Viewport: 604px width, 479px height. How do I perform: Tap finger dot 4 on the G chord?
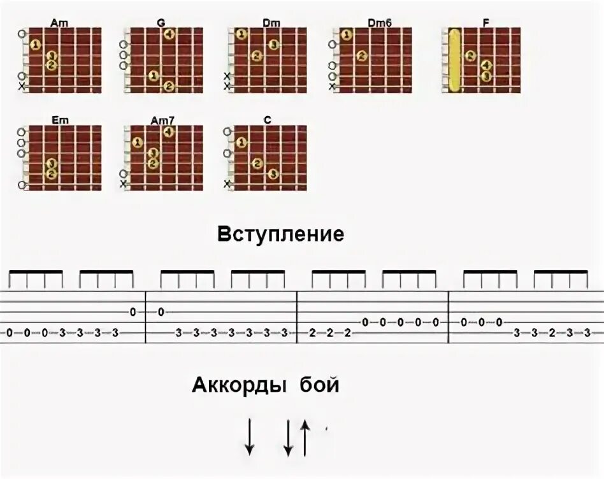click(169, 34)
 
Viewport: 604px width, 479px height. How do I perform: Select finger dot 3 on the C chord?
click(273, 174)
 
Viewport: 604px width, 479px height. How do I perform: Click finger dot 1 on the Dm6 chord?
click(345, 34)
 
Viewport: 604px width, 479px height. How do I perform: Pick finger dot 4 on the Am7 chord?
click(169, 132)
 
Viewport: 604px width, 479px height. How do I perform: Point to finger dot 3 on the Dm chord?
click(273, 45)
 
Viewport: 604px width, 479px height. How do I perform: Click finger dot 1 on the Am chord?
click(35, 45)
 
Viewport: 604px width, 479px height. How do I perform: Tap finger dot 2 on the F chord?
click(470, 55)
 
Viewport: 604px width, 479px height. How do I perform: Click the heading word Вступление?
click(280, 234)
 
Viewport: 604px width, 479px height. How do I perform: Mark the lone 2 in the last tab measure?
click(551, 333)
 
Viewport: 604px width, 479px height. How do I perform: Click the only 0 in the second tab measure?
click(161, 311)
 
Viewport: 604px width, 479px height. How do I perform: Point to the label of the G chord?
click(161, 23)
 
